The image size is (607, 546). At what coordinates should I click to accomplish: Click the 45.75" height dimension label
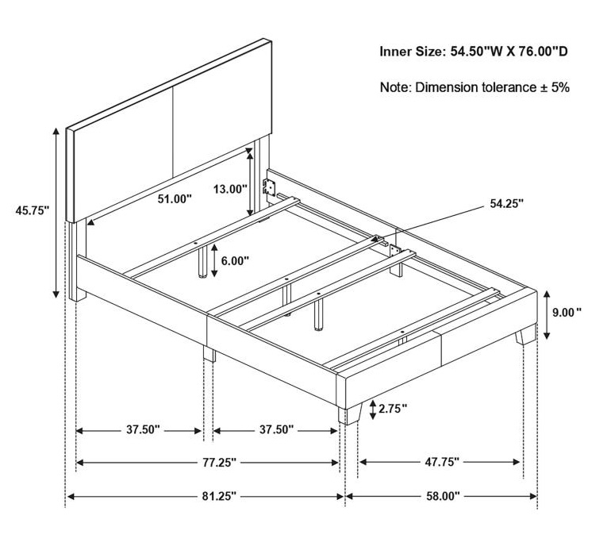point(33,211)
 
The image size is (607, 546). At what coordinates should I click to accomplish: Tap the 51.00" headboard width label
point(175,198)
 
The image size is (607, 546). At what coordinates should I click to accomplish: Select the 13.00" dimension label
point(230,189)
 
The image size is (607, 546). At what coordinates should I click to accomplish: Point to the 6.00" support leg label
point(235,260)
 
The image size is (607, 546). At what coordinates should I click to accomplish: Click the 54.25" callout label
point(507,204)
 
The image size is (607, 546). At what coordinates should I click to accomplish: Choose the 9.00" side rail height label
point(567,312)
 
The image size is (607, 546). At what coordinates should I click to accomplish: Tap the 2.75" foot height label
point(393,408)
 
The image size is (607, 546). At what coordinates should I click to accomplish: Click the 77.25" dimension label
point(219,463)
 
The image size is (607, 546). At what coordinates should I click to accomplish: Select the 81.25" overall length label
point(219,496)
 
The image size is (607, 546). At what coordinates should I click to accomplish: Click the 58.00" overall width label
point(443,496)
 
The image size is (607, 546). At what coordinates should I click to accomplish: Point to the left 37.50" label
point(143,429)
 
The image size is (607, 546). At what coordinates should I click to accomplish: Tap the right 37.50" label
point(276,429)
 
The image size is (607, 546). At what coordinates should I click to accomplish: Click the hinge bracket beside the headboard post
point(270,186)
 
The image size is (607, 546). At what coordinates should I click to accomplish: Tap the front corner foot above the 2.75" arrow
point(350,414)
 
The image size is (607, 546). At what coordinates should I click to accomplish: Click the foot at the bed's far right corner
point(525,335)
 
